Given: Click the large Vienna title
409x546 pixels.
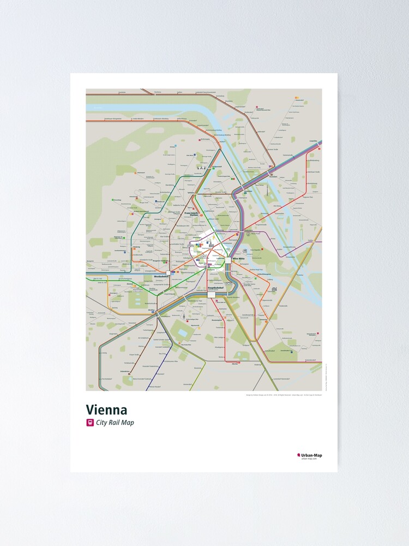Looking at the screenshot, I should (x=106, y=410).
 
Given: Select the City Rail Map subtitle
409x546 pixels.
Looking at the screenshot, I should (x=115, y=423).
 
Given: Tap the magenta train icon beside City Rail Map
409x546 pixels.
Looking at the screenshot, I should (x=90, y=423).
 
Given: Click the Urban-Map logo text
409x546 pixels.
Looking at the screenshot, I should (x=311, y=455).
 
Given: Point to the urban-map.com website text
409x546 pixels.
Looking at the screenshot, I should (x=309, y=459).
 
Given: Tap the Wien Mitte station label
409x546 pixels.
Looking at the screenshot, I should (x=239, y=259).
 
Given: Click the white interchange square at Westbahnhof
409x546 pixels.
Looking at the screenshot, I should (x=169, y=271).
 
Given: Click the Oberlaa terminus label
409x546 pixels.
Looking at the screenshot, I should (x=235, y=363).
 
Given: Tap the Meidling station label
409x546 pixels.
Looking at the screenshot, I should (x=151, y=310).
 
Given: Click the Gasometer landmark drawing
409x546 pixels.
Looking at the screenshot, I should (x=274, y=290).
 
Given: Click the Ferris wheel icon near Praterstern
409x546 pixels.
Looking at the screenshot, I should (x=245, y=250).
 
